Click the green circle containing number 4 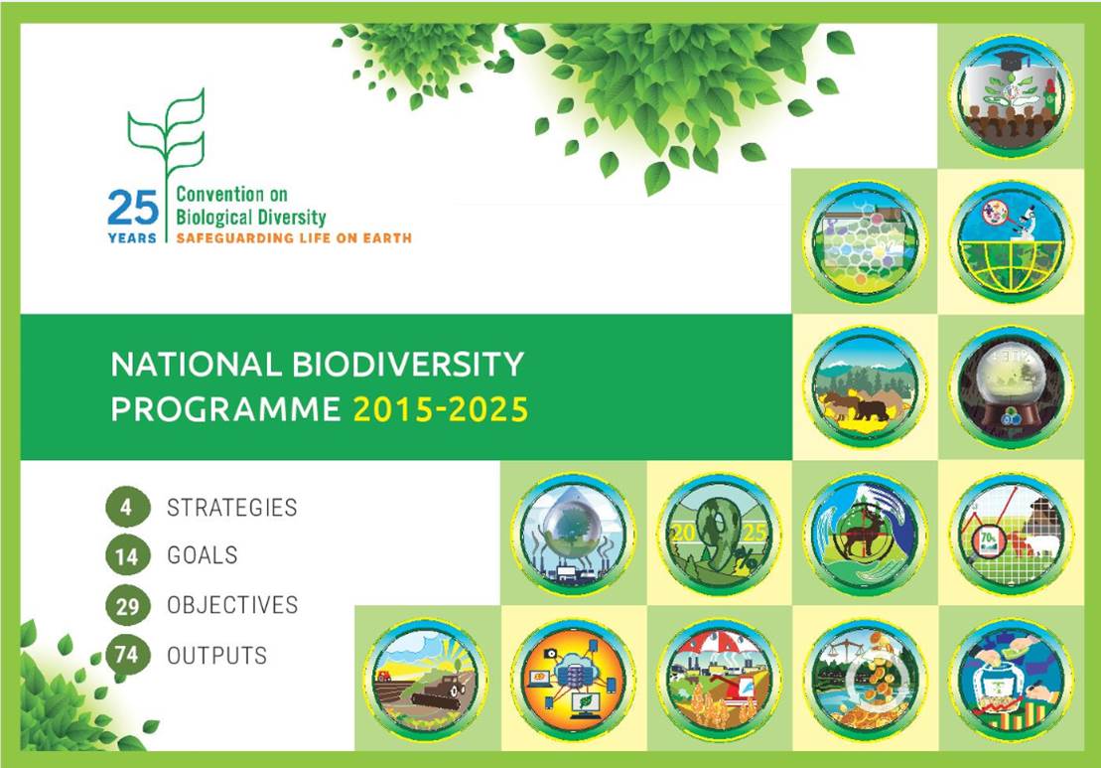click(x=128, y=507)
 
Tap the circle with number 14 click(x=128, y=555)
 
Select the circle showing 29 click(x=128, y=605)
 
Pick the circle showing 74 click(x=128, y=654)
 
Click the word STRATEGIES click(x=231, y=508)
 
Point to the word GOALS click(x=203, y=555)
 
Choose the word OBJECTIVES click(x=232, y=605)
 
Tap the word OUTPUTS click(x=217, y=656)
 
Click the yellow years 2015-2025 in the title click(x=440, y=409)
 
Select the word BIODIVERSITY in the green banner click(x=407, y=364)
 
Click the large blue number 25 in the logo click(x=133, y=208)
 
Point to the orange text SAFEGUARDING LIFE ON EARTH click(x=294, y=238)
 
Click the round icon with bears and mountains click(x=865, y=387)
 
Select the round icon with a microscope click(x=1011, y=241)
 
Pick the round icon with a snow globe click(x=1011, y=387)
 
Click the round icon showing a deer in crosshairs click(x=865, y=534)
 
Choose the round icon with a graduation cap click(x=1011, y=96)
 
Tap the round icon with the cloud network click(x=573, y=680)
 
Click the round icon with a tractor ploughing click(x=426, y=680)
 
